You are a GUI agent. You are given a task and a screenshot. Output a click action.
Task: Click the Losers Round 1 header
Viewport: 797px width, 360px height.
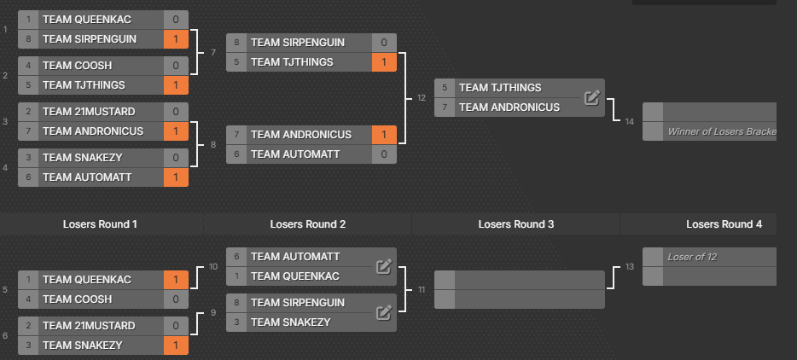coord(100,224)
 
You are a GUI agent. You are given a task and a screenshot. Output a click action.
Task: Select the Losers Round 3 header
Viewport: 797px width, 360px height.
coord(516,224)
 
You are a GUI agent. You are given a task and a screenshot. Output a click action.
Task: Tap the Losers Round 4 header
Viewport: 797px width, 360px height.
coord(724,224)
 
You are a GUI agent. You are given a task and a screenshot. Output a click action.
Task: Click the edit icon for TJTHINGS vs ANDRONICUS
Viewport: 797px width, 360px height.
coord(592,97)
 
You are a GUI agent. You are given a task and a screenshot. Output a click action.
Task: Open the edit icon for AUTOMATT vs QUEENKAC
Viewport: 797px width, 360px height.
coord(384,266)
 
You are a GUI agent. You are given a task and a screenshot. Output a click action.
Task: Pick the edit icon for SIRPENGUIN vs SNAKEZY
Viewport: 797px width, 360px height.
coord(384,312)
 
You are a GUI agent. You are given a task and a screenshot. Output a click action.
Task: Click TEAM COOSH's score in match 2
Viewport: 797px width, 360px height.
coord(176,66)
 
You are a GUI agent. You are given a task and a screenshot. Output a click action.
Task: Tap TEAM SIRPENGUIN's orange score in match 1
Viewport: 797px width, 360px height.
coord(176,39)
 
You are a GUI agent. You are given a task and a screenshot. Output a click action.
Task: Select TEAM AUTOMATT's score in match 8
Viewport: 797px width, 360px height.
coord(384,154)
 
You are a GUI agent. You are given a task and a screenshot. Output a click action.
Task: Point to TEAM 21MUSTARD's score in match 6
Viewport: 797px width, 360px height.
coord(176,326)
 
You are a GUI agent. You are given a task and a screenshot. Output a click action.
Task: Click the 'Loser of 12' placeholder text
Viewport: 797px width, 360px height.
coord(692,257)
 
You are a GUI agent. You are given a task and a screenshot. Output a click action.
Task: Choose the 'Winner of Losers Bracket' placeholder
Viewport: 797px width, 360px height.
coord(722,131)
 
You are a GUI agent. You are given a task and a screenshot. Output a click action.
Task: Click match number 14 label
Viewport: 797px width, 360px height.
coord(630,121)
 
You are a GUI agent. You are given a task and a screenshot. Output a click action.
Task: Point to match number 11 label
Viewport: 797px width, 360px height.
coord(422,290)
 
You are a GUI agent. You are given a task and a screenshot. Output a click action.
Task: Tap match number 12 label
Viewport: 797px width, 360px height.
coord(422,97)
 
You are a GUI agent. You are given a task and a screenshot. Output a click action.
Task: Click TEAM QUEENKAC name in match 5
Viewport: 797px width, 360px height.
coord(87,280)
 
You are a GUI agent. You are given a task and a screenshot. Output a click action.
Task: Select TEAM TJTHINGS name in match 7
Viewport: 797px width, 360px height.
coord(293,62)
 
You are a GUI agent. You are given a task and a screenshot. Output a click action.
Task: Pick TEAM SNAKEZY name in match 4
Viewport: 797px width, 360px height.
coord(83,158)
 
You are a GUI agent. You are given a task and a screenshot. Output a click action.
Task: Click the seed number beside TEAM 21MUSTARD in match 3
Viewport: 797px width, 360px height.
coord(28,112)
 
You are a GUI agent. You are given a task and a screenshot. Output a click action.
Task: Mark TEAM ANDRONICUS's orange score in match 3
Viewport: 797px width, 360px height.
coord(176,131)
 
